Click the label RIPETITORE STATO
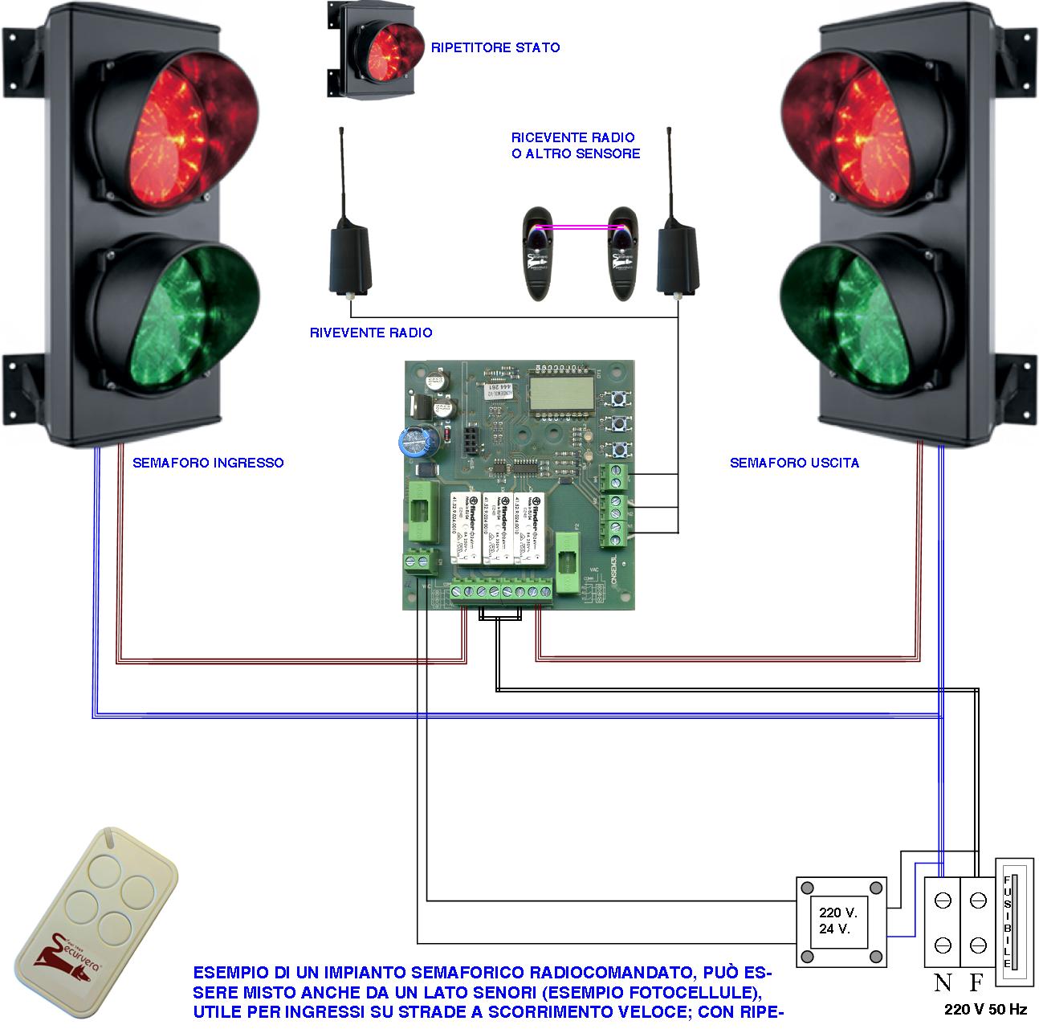coord(495,48)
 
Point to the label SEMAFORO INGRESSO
coord(208,463)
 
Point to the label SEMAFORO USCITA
coord(794,463)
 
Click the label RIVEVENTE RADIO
coord(371,333)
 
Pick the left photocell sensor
coord(539,252)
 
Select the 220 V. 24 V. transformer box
coord(841,921)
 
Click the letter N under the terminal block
coord(943,982)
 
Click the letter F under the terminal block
coord(976,982)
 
